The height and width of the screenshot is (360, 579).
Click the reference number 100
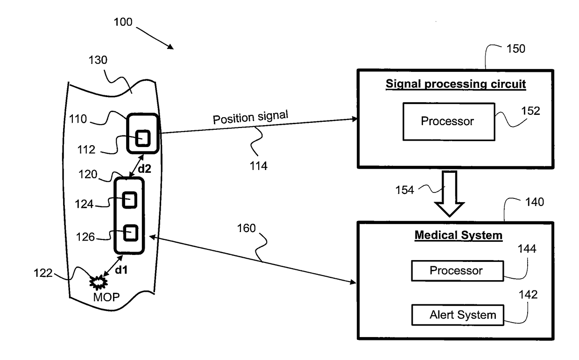[123, 22]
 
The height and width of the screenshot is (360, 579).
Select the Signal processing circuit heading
[456, 84]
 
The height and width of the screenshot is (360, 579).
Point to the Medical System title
[459, 235]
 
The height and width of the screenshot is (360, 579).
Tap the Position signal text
[250, 118]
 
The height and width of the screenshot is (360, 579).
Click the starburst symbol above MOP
[98, 282]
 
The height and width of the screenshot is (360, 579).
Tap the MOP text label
[106, 297]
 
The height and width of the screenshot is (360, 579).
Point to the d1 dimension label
[121, 270]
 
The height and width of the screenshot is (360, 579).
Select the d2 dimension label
[144, 169]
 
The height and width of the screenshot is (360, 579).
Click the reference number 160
[247, 228]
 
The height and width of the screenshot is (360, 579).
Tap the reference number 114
[259, 166]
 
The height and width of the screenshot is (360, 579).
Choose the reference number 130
[98, 60]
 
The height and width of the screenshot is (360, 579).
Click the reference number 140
[535, 202]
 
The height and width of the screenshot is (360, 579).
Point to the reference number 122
[43, 273]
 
